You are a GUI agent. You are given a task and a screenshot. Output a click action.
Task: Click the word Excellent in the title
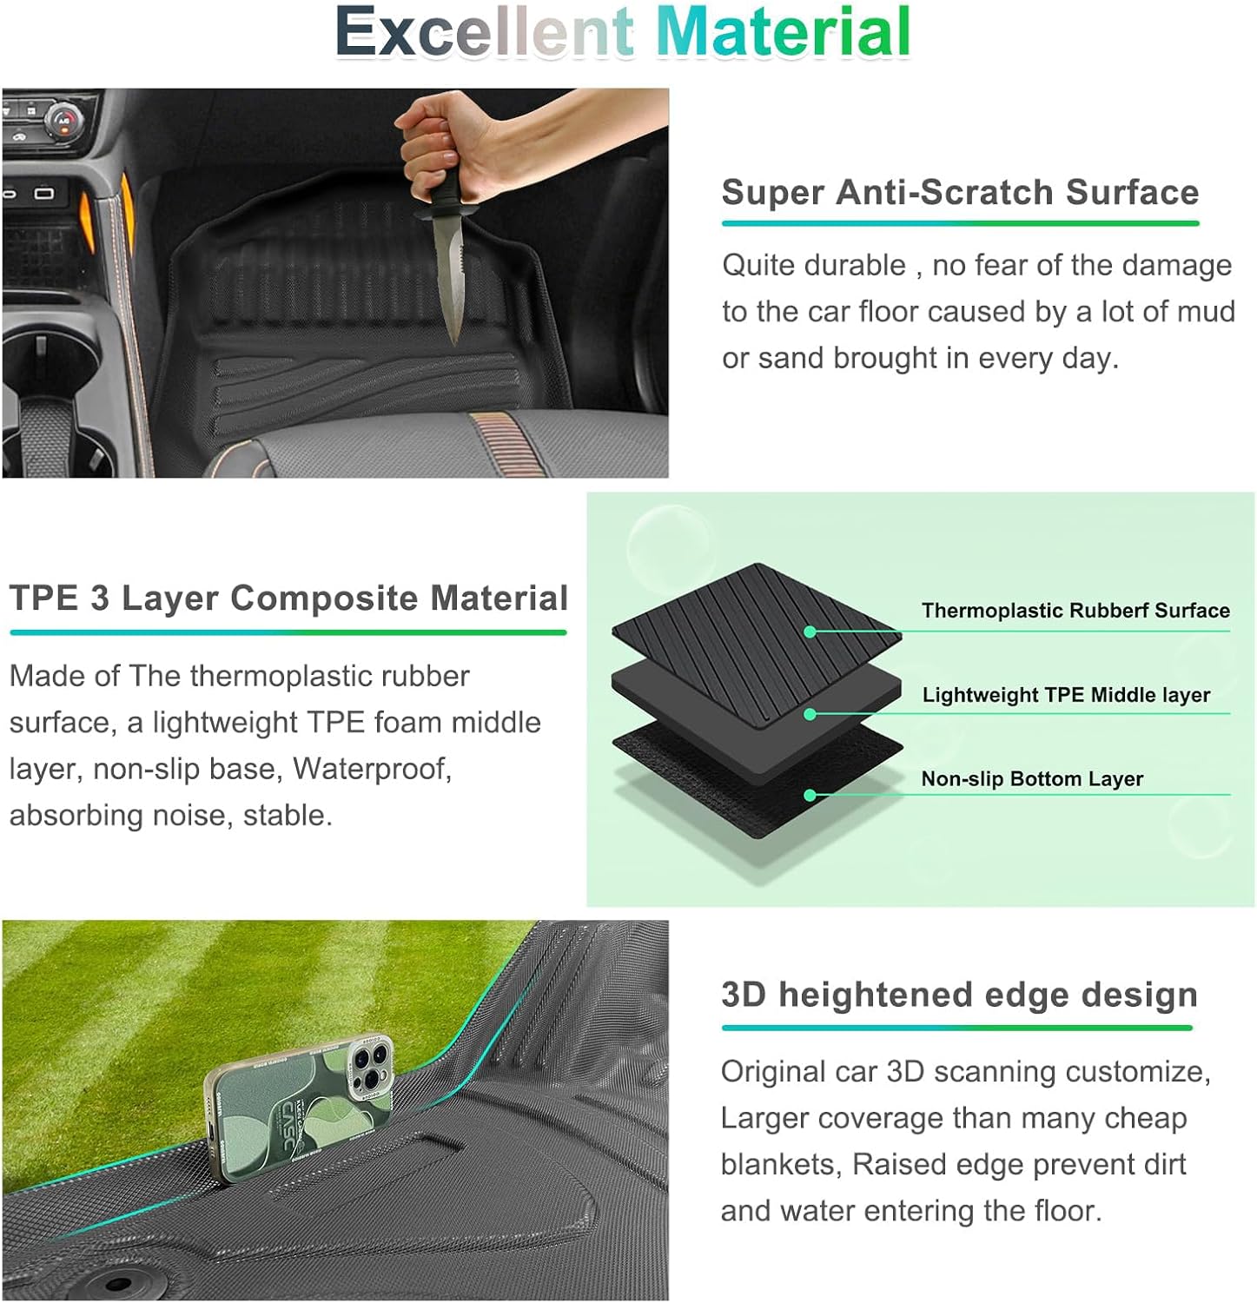[x=485, y=32]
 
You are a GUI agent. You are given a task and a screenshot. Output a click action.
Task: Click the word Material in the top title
[x=784, y=32]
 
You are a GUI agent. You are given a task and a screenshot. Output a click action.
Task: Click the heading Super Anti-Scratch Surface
[x=960, y=192]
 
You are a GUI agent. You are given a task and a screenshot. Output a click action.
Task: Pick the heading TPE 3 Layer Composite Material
[x=288, y=599]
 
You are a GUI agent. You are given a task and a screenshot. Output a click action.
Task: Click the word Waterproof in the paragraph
[x=372, y=770]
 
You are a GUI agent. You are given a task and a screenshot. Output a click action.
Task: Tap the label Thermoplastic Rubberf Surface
[x=1075, y=611]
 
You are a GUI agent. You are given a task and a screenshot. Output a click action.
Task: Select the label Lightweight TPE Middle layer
[x=1066, y=695]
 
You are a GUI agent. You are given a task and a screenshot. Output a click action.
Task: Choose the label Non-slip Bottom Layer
[x=1032, y=779]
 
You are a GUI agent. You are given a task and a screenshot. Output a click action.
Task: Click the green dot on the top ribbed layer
[x=810, y=632]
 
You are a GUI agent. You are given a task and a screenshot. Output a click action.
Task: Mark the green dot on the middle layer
[x=810, y=714]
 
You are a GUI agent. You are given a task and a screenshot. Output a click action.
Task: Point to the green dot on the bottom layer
[x=810, y=795]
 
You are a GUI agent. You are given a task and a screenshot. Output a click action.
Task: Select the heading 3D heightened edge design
[x=959, y=995]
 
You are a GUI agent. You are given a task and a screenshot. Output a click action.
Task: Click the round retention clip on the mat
[x=116, y=1282]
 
